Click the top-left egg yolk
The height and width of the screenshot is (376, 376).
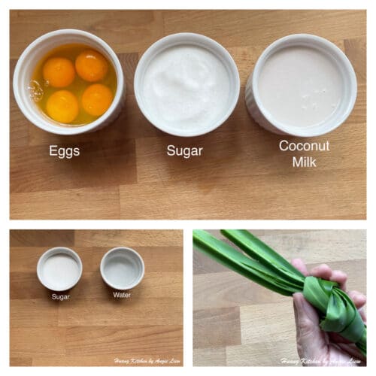59,72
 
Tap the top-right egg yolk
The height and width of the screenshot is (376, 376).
92,65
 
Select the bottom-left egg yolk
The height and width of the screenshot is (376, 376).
62,105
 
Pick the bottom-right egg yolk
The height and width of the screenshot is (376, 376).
97,99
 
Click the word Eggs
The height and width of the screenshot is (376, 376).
65,150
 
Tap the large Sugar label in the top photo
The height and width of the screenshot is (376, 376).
184,150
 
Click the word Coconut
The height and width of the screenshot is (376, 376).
304,145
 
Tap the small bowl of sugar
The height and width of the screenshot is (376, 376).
59,268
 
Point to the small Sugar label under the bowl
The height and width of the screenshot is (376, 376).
61,296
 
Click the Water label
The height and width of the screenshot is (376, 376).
122,295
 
